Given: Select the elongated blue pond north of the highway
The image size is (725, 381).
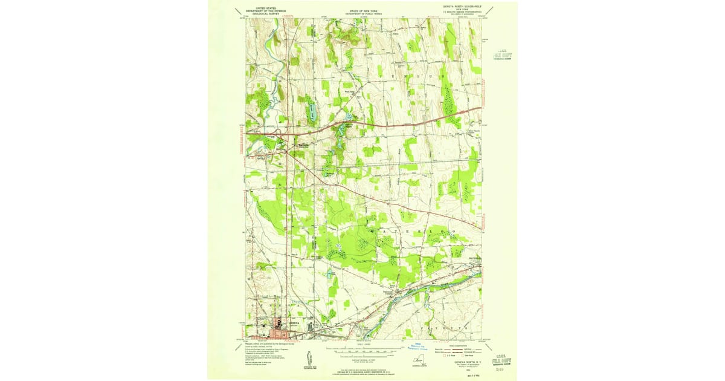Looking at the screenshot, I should pos(312,111).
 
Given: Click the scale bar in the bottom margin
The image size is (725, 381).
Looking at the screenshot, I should pos(362,350).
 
